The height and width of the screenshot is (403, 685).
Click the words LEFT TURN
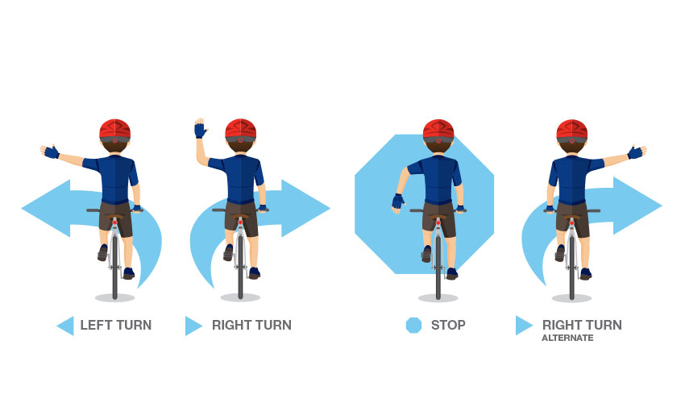click(115, 326)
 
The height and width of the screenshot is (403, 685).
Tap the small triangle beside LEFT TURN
click(65, 326)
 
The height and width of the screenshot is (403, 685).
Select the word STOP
click(448, 326)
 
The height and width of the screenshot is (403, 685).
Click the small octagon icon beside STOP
click(413, 326)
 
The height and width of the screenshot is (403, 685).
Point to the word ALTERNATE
click(567, 339)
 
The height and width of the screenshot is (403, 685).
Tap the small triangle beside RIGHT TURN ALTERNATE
click(524, 326)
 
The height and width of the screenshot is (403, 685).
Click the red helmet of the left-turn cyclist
click(114, 131)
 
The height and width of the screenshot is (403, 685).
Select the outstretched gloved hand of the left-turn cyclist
click(50, 152)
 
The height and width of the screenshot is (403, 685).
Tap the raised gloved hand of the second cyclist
click(199, 129)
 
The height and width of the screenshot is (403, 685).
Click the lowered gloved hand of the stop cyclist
click(398, 202)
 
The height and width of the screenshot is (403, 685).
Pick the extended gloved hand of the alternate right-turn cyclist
click(636, 152)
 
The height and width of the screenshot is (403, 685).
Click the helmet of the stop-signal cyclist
click(438, 131)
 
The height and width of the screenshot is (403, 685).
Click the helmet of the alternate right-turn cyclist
click(571, 131)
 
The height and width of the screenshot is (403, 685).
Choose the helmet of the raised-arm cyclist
click(240, 131)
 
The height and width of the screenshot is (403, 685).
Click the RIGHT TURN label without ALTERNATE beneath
click(251, 326)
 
